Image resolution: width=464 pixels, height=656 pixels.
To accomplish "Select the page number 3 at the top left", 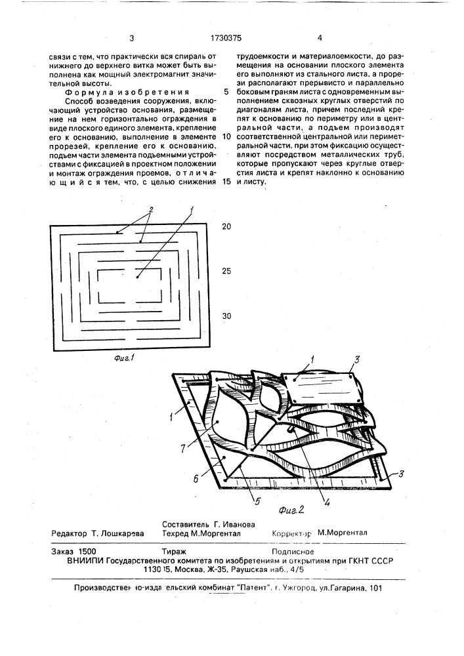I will click(133, 38).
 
